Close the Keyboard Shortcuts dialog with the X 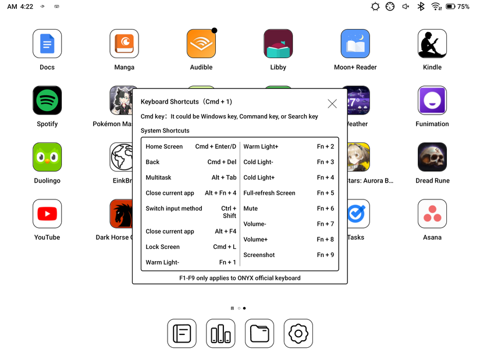[332, 104]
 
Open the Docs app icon [47, 44]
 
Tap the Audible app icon [201, 44]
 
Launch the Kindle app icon [432, 44]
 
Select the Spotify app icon [47, 101]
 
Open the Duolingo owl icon [47, 157]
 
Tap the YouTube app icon [47, 214]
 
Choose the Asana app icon [432, 214]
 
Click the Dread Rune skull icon [432, 157]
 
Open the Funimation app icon [432, 101]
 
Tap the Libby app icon [278, 44]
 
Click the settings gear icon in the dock [298, 334]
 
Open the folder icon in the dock [259, 334]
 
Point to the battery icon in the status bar [450, 6]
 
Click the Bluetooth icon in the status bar [421, 6]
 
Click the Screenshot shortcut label [259, 255]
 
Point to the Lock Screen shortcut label [162, 247]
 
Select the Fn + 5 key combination [325, 193]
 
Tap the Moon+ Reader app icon [355, 44]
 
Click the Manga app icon [124, 44]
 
